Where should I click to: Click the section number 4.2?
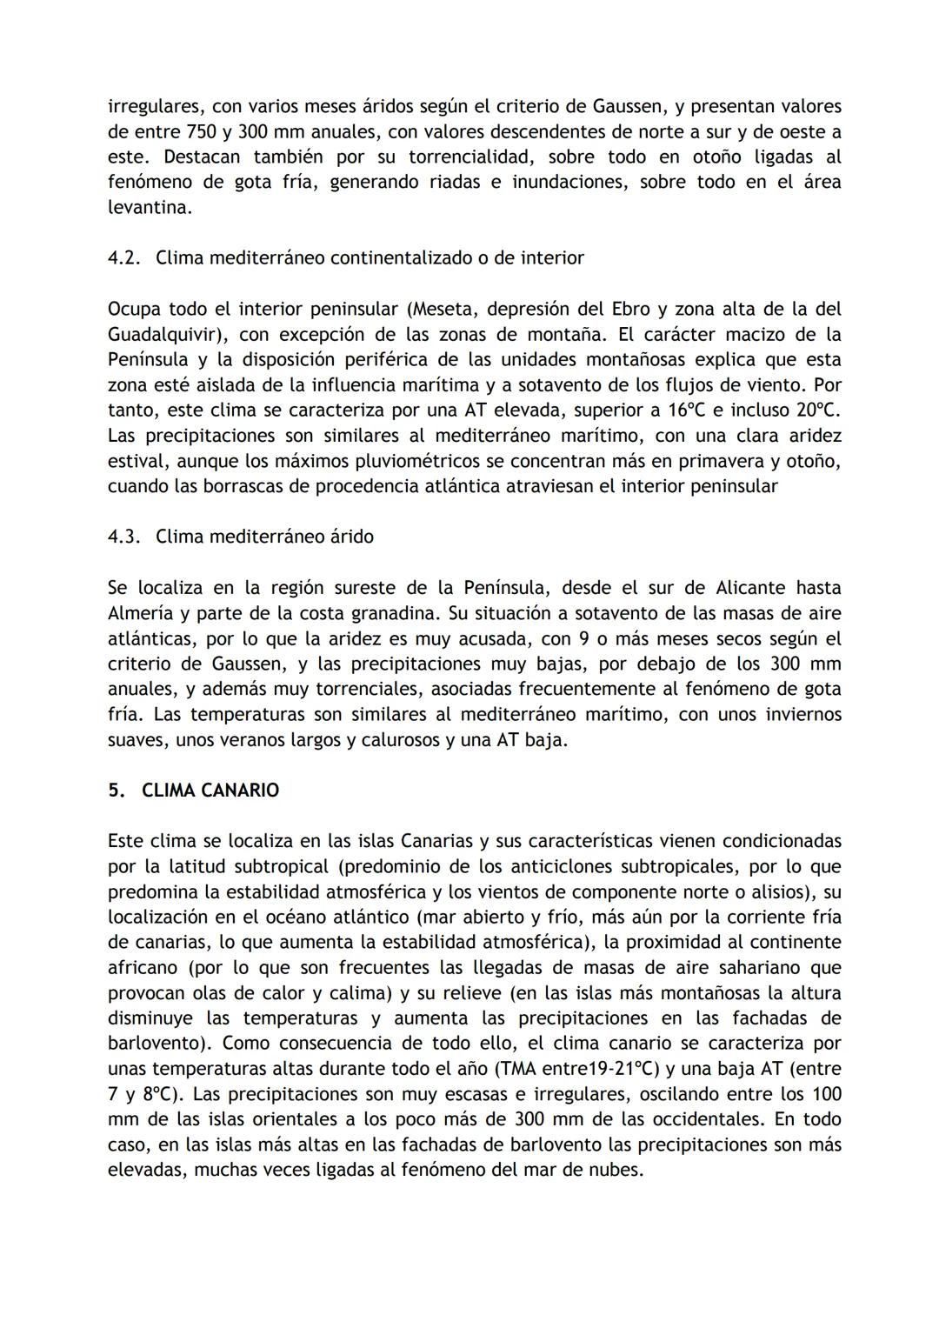pyautogui.click(x=124, y=258)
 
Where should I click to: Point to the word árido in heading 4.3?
pyautogui.click(x=350, y=537)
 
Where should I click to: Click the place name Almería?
pyautogui.click(x=140, y=613)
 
